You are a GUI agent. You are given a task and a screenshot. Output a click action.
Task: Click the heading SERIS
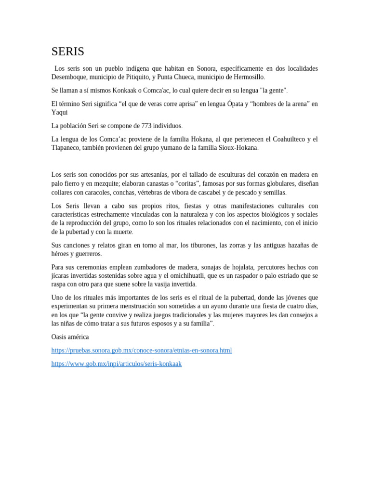pyautogui.click(x=68, y=52)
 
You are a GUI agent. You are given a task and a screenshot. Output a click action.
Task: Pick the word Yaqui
pyautogui.click(x=60, y=112)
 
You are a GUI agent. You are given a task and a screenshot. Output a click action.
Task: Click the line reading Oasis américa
pyautogui.click(x=70, y=337)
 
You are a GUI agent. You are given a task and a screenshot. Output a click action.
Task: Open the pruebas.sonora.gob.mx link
pyautogui.click(x=142, y=350)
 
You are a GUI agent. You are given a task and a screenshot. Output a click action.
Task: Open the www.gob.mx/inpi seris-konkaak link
pyautogui.click(x=117, y=364)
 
